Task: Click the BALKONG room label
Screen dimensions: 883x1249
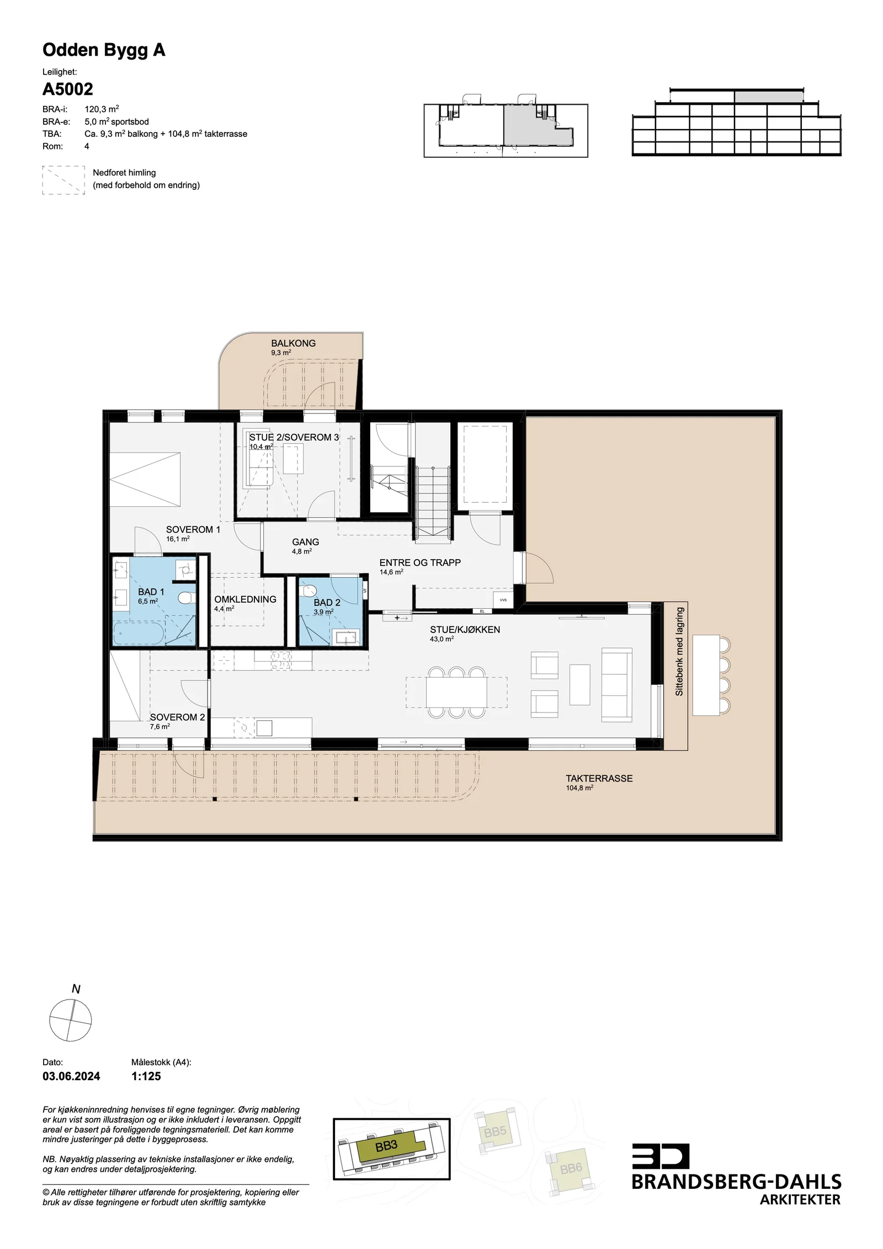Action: pyautogui.click(x=293, y=343)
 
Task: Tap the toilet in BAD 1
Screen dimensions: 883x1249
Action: pyautogui.click(x=187, y=598)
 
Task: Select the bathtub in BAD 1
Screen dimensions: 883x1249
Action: pyautogui.click(x=139, y=633)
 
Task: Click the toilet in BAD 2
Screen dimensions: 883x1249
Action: pyautogui.click(x=308, y=591)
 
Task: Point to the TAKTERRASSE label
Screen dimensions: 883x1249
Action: pyautogui.click(x=599, y=779)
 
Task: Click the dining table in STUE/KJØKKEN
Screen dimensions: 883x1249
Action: pyautogui.click(x=456, y=693)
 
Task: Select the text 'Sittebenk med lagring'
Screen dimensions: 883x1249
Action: pyautogui.click(x=679, y=651)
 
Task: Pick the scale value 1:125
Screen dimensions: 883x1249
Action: pyautogui.click(x=146, y=1076)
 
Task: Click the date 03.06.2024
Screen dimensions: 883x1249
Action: pyautogui.click(x=71, y=1076)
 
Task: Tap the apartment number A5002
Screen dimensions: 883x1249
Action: pyautogui.click(x=68, y=89)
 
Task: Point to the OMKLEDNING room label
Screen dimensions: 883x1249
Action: pyautogui.click(x=246, y=599)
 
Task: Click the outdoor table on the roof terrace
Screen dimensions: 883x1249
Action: pyautogui.click(x=706, y=676)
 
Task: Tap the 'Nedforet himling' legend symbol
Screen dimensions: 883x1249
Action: pyautogui.click(x=63, y=180)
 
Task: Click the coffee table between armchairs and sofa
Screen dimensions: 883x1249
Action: pyautogui.click(x=579, y=684)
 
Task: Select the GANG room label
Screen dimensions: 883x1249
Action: pyautogui.click(x=306, y=542)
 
